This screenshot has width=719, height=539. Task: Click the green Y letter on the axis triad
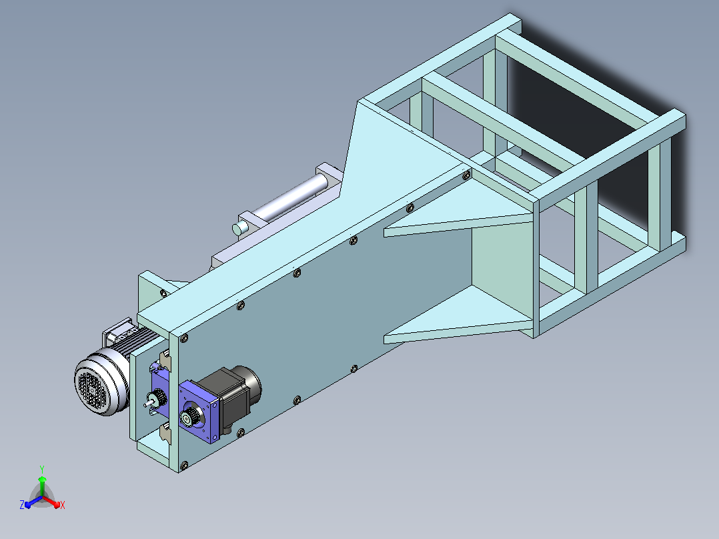click(x=42, y=469)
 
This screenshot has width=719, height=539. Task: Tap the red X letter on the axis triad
click(x=63, y=505)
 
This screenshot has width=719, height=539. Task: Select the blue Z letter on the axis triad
click(x=22, y=504)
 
